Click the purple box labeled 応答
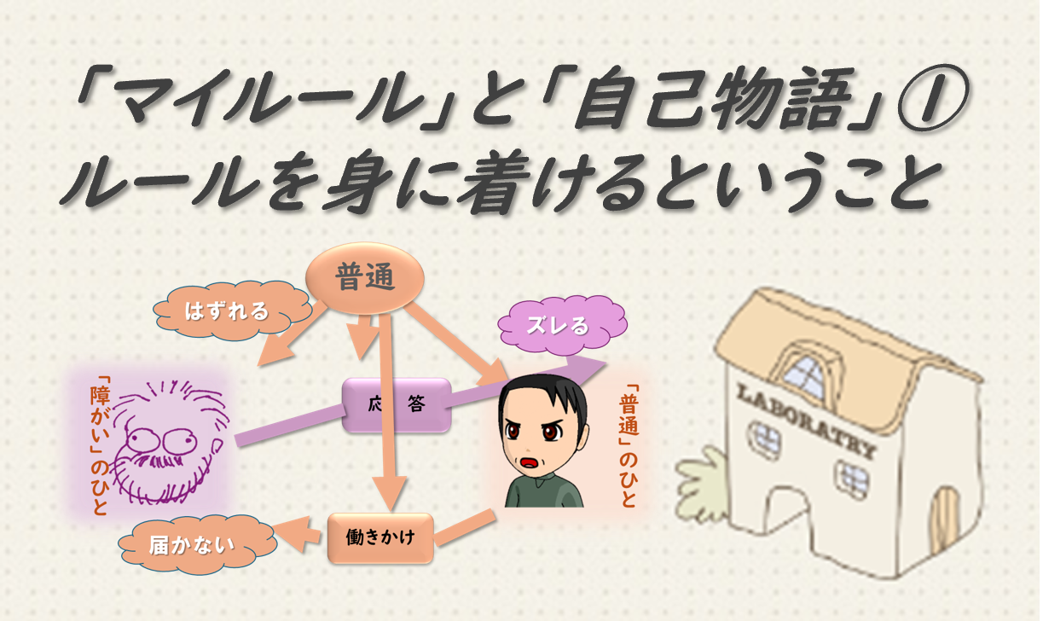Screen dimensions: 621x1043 click(x=396, y=404)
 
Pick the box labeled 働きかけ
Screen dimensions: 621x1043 click(x=380, y=537)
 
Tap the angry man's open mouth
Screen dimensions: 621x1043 click(x=530, y=463)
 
